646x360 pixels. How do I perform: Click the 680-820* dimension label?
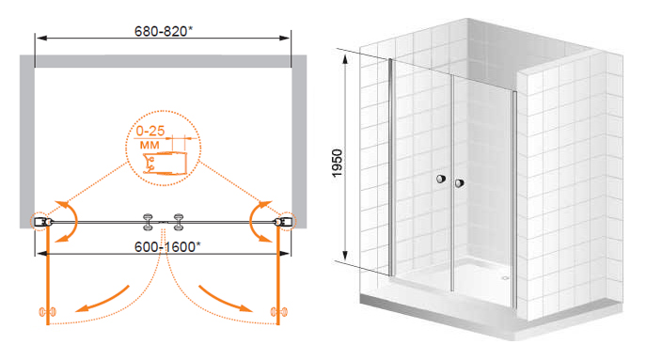tap(164, 31)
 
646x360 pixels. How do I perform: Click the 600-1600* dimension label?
tap(167, 246)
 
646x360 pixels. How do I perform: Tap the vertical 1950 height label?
tap(338, 164)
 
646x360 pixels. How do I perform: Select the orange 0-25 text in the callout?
tap(150, 131)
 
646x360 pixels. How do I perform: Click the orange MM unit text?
tap(150, 145)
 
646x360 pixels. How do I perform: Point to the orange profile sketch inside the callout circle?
tap(165, 164)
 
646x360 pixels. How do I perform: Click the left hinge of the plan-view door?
tap(42, 222)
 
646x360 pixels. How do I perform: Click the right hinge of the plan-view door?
tap(284, 222)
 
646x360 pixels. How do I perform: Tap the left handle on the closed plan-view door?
tap(148, 222)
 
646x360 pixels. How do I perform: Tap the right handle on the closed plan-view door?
tap(179, 222)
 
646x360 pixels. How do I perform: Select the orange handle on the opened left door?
tap(47, 312)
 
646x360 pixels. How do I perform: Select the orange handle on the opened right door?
tap(279, 312)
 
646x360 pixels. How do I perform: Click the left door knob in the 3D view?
tap(441, 179)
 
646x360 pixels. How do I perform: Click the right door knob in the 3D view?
tap(460, 183)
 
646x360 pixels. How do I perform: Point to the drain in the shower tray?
tap(506, 278)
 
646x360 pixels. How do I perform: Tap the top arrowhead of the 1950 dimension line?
tap(345, 60)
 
